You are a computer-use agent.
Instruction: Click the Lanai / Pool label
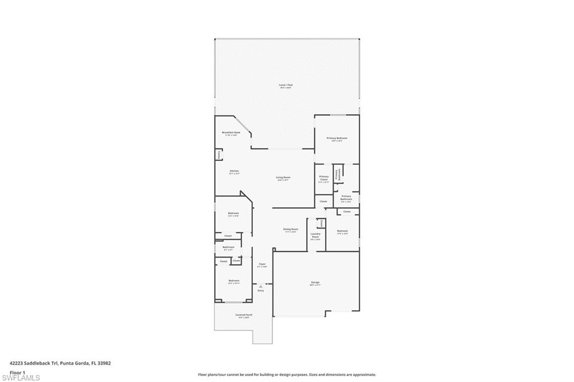(x=286, y=86)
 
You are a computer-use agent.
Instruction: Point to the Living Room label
(x=283, y=178)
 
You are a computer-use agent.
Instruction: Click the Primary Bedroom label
(x=337, y=139)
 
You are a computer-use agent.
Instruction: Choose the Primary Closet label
(x=324, y=179)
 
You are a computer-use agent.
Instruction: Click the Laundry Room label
(x=316, y=235)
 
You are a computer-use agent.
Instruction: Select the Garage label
(x=315, y=283)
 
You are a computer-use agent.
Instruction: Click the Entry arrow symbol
(x=261, y=286)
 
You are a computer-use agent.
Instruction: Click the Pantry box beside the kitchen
(x=219, y=154)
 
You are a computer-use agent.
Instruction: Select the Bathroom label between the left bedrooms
(x=228, y=248)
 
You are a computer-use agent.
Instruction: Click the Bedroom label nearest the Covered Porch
(x=234, y=281)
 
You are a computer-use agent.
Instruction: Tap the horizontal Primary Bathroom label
(x=346, y=197)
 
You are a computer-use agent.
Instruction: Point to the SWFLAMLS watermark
(x=21, y=378)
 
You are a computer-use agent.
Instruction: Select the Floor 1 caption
(x=18, y=372)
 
